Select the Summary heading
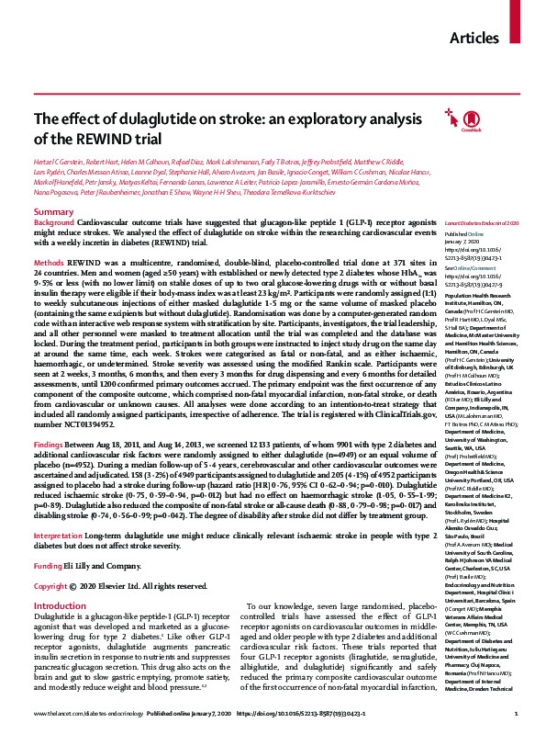[53, 212]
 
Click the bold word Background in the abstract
[53, 223]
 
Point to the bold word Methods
[48, 262]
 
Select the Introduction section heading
[61, 555]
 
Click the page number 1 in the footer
[518, 714]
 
